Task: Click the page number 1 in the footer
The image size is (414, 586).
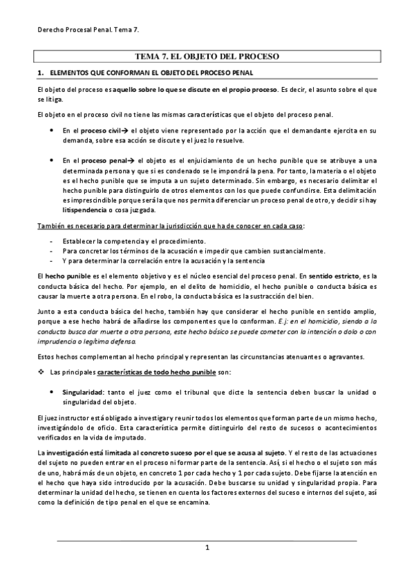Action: coord(207,548)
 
